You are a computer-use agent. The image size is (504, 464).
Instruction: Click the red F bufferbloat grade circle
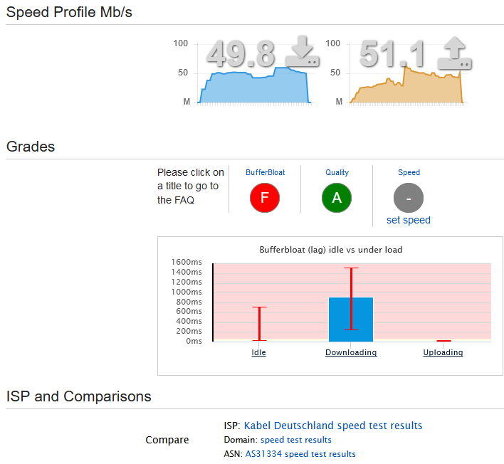click(265, 198)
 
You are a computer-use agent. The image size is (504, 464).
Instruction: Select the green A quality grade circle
click(337, 198)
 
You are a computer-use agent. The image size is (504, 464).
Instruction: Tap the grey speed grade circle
click(409, 198)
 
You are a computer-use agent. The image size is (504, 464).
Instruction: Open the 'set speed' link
click(409, 220)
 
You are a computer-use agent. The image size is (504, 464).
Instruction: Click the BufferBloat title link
click(266, 172)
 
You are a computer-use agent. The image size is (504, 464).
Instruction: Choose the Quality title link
click(337, 172)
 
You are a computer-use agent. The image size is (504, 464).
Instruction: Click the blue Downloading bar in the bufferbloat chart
click(351, 320)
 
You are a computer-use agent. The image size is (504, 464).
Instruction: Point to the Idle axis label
click(258, 352)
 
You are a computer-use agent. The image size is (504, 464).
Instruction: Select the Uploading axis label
click(443, 352)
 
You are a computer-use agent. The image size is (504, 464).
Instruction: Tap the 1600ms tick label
click(187, 262)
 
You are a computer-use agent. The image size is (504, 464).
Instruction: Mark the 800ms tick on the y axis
click(189, 302)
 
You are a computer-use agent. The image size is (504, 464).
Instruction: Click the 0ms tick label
click(194, 341)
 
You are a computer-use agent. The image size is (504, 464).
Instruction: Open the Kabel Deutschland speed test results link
click(333, 426)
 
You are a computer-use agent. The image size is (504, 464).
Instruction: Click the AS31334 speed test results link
click(300, 454)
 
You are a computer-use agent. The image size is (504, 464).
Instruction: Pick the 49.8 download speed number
click(241, 53)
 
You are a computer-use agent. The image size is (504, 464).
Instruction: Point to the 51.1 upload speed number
click(392, 53)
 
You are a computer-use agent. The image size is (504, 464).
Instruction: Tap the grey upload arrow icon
click(454, 53)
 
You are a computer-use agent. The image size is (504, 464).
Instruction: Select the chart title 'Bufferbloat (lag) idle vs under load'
click(331, 250)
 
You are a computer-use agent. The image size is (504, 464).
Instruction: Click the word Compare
click(167, 440)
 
